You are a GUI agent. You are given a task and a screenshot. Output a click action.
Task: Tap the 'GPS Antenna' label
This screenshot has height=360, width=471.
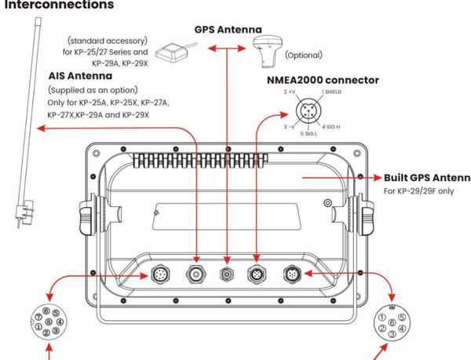coord(228,30)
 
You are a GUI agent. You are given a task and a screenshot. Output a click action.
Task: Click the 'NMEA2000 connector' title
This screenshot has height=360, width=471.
coord(334,79)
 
